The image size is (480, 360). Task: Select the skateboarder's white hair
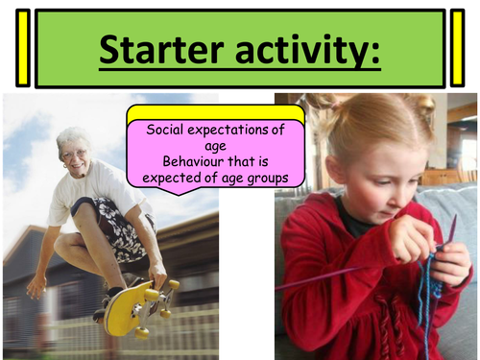click(72, 133)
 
